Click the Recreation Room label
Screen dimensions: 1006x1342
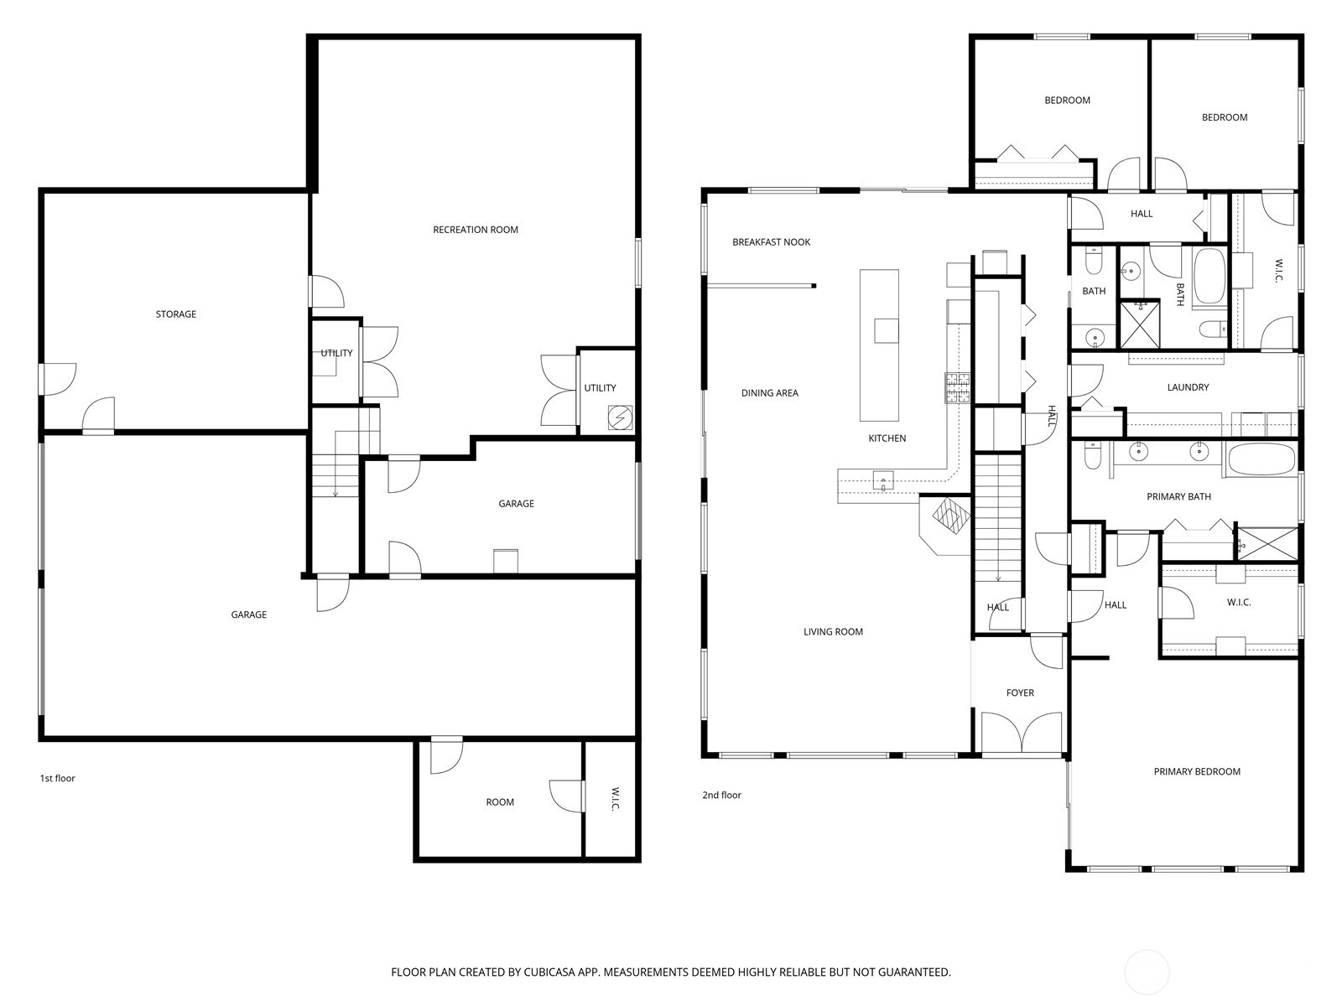(x=475, y=230)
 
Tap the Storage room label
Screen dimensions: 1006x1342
(x=176, y=314)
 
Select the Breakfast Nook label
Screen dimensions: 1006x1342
(x=771, y=242)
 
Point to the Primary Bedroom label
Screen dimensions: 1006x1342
(x=1196, y=772)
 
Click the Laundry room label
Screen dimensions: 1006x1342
(x=1188, y=387)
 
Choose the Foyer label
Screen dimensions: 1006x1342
(x=1020, y=693)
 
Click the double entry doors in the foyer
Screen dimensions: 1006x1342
(x=1021, y=731)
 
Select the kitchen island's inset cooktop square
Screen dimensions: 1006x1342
(x=886, y=330)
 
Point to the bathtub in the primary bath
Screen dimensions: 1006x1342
(x=1261, y=459)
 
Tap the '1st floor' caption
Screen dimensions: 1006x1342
(x=58, y=779)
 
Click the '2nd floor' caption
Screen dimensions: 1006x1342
(x=721, y=796)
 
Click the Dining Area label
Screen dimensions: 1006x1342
(x=769, y=393)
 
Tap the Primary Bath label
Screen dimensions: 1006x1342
(x=1178, y=497)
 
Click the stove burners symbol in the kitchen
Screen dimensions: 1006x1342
(x=958, y=387)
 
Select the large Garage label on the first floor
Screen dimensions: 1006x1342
(x=248, y=615)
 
